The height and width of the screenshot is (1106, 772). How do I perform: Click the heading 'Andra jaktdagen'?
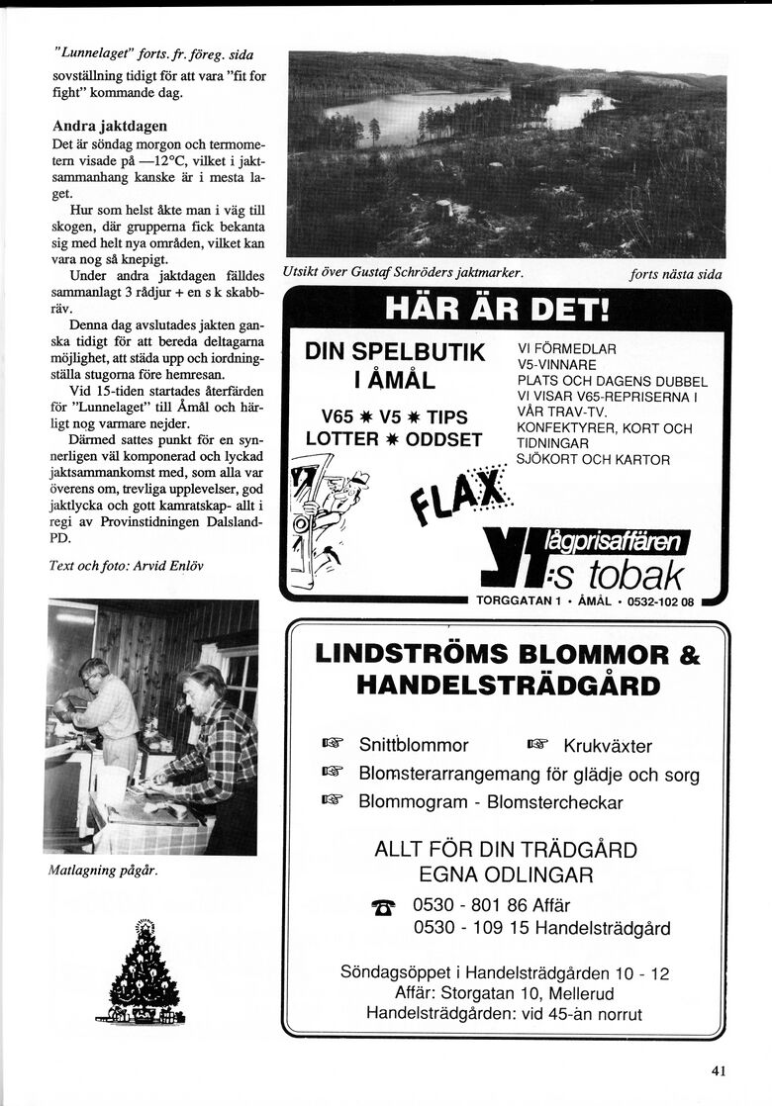109,127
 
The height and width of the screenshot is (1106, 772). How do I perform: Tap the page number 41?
719,1068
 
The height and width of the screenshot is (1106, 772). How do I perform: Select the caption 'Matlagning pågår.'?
103,871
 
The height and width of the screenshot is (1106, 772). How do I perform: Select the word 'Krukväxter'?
607,746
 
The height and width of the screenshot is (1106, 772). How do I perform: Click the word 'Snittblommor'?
414,745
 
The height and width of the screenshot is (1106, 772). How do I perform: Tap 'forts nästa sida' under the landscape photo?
675,274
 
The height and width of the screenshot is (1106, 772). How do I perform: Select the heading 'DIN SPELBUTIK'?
394,353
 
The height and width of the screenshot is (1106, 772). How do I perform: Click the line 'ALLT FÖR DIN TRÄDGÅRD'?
506,850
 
